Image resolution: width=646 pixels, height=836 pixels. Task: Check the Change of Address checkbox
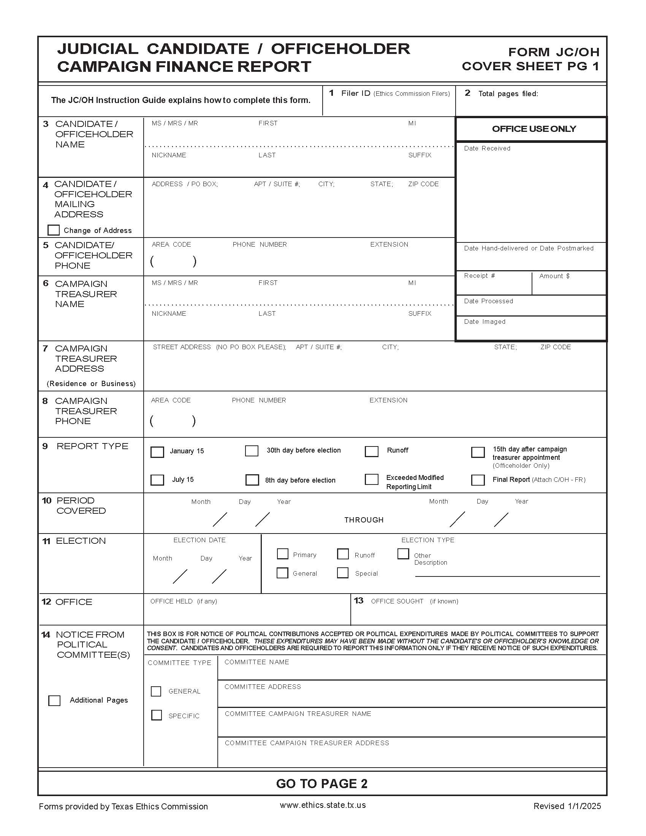click(54, 230)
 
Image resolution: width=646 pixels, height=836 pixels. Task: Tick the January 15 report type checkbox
click(157, 452)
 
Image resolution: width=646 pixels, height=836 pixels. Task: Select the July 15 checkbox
click(157, 480)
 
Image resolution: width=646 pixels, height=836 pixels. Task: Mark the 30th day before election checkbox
click(252, 451)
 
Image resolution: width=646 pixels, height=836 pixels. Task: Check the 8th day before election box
click(252, 480)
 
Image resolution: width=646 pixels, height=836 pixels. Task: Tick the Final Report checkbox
click(478, 480)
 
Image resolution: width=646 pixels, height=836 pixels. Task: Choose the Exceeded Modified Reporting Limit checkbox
click(371, 479)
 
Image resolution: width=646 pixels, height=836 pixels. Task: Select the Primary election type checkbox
click(282, 554)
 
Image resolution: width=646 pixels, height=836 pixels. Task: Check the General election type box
click(282, 573)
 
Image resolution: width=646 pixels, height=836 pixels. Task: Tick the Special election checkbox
click(342, 573)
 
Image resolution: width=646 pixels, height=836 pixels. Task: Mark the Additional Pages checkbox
click(54, 700)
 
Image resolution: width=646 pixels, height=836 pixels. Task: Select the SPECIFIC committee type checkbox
click(156, 715)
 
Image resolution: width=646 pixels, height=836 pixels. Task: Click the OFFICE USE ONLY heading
click(534, 129)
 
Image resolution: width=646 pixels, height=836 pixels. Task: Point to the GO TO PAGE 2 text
click(321, 784)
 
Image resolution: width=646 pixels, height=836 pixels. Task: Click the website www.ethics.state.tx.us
click(323, 805)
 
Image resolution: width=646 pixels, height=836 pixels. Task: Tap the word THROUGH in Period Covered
click(364, 520)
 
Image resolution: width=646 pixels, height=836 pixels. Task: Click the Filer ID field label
click(356, 93)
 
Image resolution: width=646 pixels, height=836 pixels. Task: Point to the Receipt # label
click(479, 275)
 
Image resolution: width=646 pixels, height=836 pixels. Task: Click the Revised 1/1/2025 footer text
click(567, 806)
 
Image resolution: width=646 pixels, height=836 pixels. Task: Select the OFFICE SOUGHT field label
click(397, 602)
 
